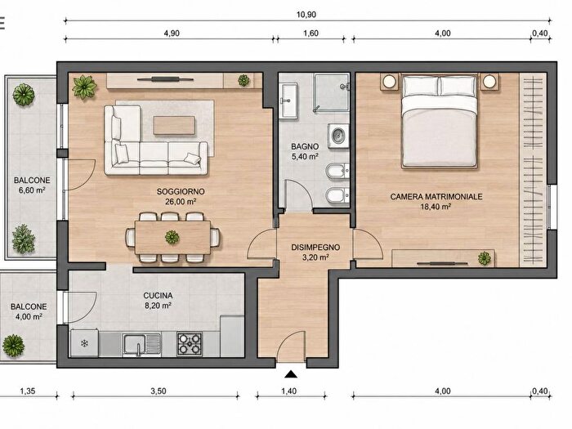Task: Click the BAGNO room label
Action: [305, 146]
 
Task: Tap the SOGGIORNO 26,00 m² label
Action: [181, 196]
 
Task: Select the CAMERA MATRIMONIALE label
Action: [436, 197]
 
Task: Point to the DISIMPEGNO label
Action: [315, 248]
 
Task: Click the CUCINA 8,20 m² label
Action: [158, 300]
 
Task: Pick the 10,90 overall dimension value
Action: [306, 15]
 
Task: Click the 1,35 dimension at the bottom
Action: [27, 391]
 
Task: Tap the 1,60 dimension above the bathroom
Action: [311, 34]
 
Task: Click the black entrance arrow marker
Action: [291, 374]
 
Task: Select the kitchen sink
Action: [141, 344]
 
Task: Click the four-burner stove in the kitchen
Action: [190, 344]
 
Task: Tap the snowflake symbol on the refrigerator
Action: [84, 343]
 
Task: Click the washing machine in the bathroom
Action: [338, 136]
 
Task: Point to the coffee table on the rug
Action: [174, 125]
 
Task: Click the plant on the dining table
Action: [172, 237]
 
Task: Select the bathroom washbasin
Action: [288, 100]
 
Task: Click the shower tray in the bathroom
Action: [332, 92]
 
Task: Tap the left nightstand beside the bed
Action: [390, 82]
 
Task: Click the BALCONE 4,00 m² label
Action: [29, 311]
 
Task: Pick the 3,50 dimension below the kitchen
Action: [159, 391]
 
